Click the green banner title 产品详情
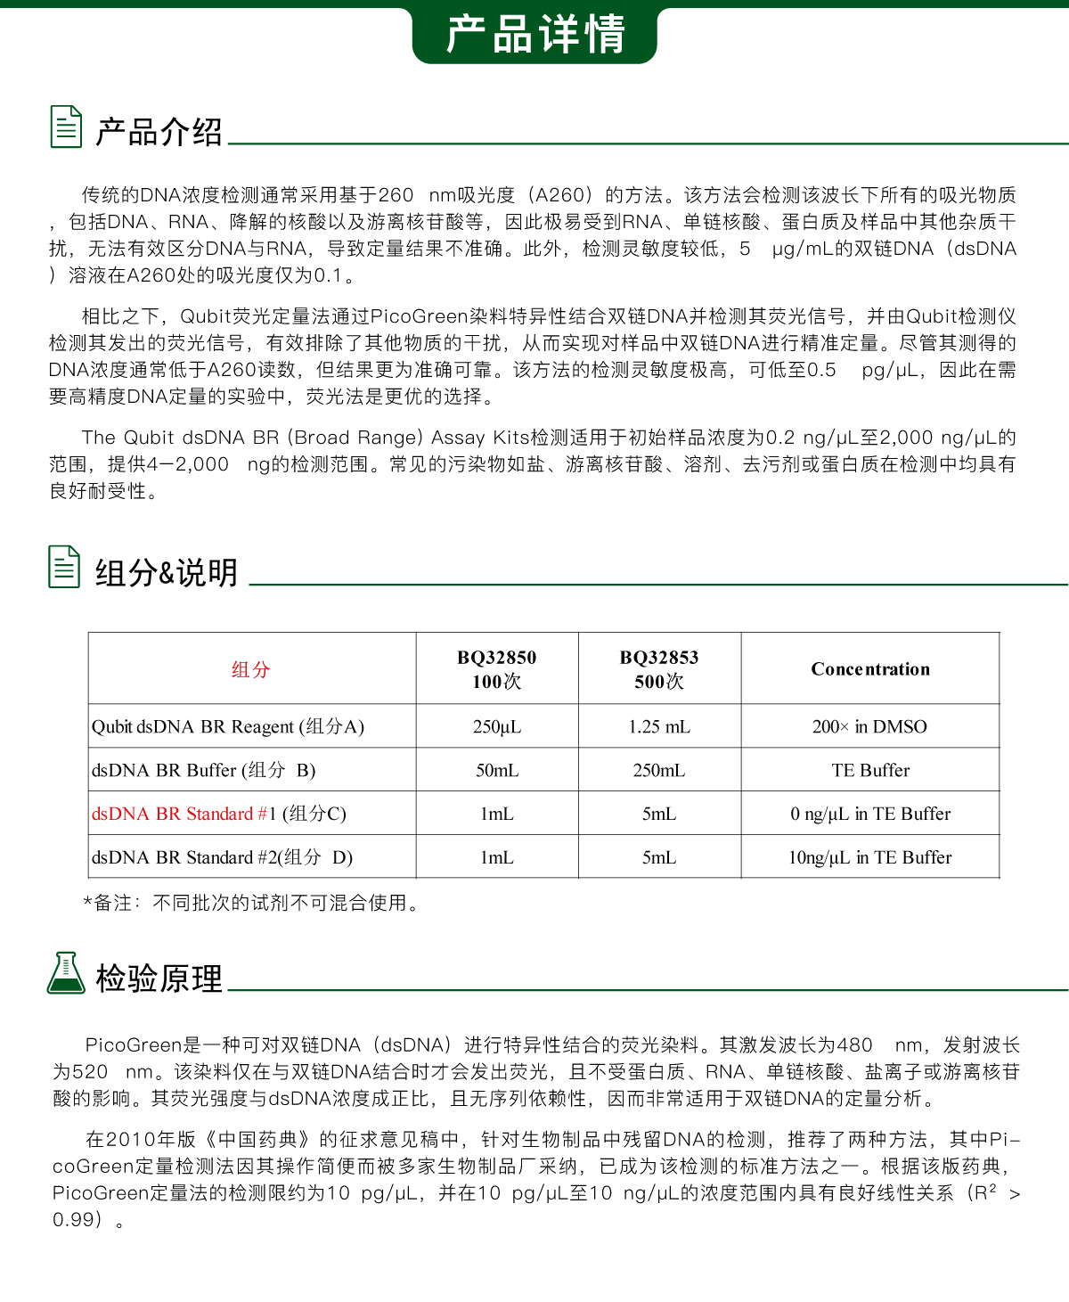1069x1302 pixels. point(534,34)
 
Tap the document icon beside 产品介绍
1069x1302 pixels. point(66,127)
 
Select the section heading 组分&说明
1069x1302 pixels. point(167,573)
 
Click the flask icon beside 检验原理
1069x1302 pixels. point(66,973)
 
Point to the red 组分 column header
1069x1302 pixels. point(250,669)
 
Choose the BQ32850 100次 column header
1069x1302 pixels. point(497,669)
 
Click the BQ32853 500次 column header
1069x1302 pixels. point(659,669)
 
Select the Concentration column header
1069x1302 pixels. point(870,669)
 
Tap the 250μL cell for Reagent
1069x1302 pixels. point(497,726)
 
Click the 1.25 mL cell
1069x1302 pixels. point(659,726)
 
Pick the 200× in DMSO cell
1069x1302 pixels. point(869,726)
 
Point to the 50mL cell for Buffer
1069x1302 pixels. point(497,770)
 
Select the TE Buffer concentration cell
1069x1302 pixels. point(870,770)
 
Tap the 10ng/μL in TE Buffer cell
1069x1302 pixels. point(869,857)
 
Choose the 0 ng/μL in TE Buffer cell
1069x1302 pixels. point(870,814)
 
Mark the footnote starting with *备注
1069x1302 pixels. point(250,903)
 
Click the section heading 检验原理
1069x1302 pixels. point(159,979)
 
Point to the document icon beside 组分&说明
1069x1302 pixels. point(64,567)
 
